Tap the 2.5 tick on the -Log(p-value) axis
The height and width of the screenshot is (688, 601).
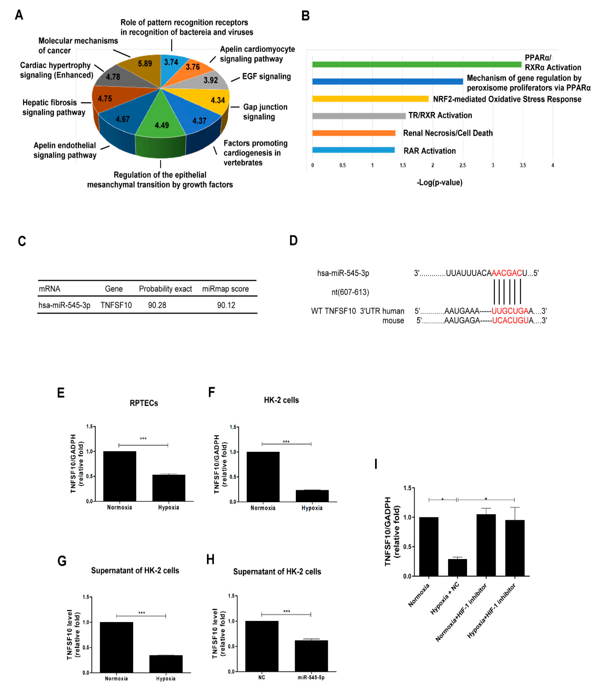coord(462,165)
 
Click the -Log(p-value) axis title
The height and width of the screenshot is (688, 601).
coord(439,182)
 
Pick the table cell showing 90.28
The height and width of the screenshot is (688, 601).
coord(157,305)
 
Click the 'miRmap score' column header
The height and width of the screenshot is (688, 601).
coord(225,289)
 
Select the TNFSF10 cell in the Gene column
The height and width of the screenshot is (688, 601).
coord(116,305)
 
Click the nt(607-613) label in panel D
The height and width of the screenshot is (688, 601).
coord(350,292)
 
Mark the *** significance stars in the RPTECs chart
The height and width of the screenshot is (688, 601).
coord(143,438)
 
